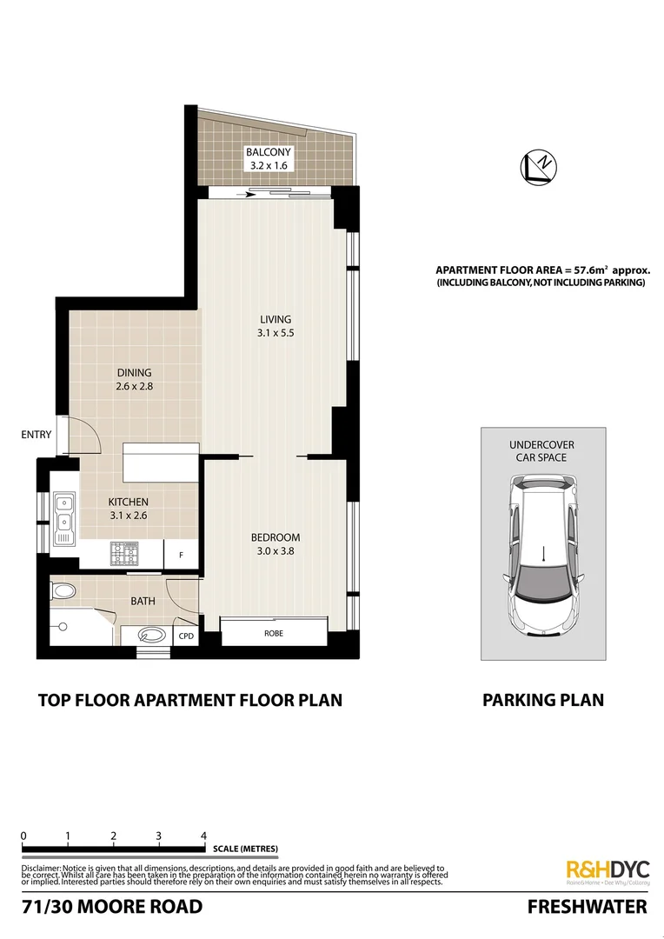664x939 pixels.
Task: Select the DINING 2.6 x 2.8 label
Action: [x=135, y=380]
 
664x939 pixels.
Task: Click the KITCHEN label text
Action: [x=128, y=502]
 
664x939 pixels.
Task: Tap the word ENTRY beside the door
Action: [x=36, y=435]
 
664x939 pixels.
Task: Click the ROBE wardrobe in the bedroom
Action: [x=274, y=633]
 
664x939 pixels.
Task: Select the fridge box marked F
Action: [x=181, y=554]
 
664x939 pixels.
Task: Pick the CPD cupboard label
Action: [x=186, y=635]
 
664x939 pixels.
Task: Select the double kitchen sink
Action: [x=63, y=513]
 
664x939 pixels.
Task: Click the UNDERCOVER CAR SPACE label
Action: [x=541, y=450]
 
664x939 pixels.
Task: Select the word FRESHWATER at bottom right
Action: [x=588, y=907]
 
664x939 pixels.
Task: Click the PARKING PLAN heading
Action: [x=542, y=699]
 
